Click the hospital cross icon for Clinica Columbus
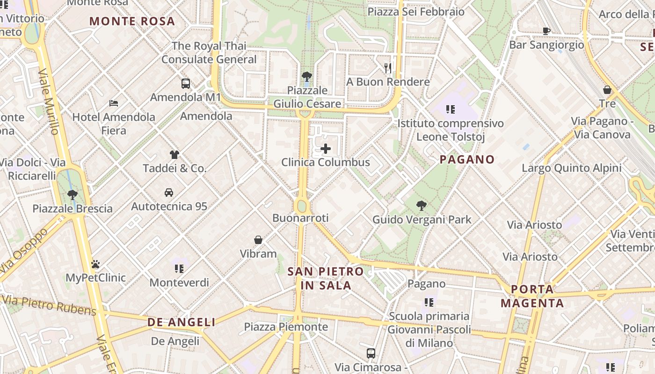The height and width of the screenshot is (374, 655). [x=326, y=149]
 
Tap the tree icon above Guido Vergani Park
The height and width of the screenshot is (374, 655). [x=422, y=205]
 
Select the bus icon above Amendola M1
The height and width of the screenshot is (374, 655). [x=186, y=84]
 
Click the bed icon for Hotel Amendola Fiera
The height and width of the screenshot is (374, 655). [x=114, y=103]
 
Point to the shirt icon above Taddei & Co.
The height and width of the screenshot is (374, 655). [x=175, y=154]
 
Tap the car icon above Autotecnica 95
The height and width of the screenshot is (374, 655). [x=169, y=192]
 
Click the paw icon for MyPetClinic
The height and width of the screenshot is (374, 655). [x=95, y=264]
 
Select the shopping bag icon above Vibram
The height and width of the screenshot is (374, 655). [x=258, y=240]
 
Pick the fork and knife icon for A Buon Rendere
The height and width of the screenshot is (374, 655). [x=388, y=68]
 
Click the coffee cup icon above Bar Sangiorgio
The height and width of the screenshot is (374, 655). [x=546, y=31]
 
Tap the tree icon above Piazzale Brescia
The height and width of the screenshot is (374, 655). [x=72, y=194]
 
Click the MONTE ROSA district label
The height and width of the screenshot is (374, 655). [x=132, y=21]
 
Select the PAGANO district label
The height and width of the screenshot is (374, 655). [x=467, y=159]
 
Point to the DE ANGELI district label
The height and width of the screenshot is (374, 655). [x=182, y=322]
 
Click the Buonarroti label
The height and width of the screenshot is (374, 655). [x=300, y=218]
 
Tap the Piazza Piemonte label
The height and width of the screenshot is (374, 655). [x=286, y=327]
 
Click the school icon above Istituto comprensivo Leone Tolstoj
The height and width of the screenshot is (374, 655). [x=451, y=109]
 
